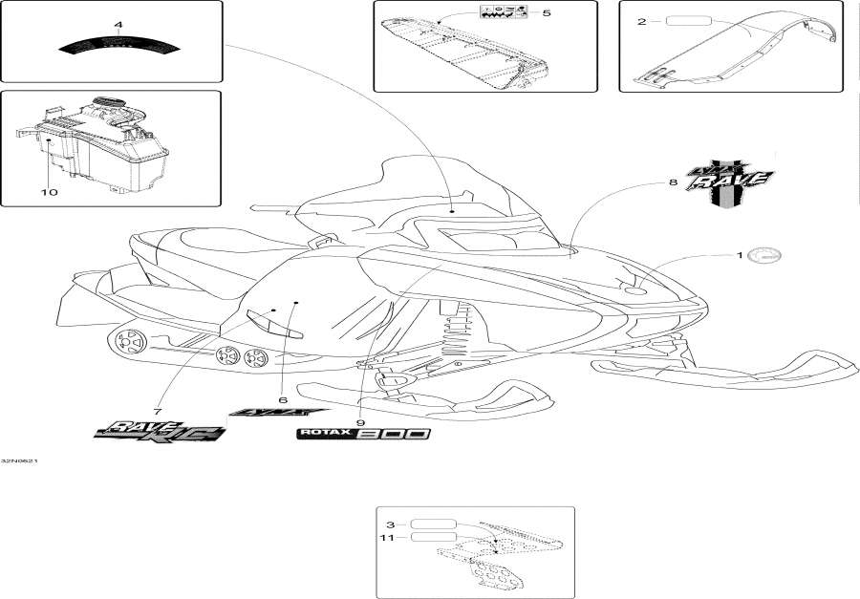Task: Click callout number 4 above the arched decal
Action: [118, 23]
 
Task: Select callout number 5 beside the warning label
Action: [546, 13]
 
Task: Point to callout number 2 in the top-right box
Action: [641, 21]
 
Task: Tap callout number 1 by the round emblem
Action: [738, 255]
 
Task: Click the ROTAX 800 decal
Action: [362, 434]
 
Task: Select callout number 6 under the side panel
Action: [283, 400]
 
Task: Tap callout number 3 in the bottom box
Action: [391, 524]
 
